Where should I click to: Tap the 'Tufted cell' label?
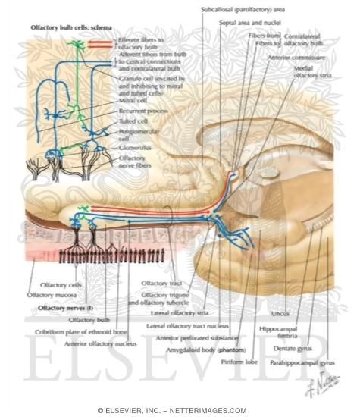click(132, 121)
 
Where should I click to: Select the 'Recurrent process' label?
click(139, 111)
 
